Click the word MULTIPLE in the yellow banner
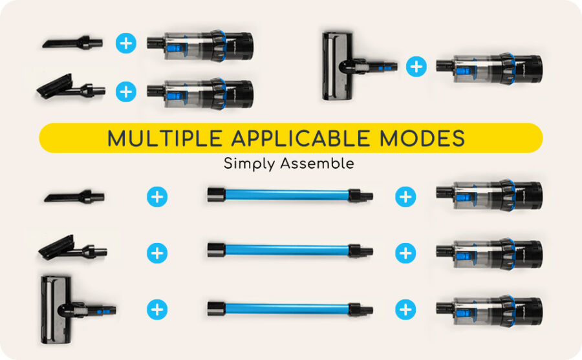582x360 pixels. point(165,138)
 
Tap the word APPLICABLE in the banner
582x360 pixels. point(301,138)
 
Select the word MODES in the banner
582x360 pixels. point(422,138)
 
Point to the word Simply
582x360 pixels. point(249,164)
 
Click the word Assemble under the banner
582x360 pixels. point(318,164)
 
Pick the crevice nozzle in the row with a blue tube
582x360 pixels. point(74,196)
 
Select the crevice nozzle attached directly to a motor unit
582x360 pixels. point(72,42)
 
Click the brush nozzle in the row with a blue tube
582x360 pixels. point(72,248)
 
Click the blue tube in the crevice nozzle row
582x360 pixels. point(290,195)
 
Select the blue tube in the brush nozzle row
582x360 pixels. point(290,250)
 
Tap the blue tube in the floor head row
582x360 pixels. point(290,309)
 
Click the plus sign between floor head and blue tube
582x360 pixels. point(157,310)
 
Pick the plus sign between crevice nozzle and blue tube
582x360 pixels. point(157,196)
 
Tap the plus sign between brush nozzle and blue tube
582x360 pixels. point(157,253)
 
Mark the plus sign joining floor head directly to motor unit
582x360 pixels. point(416,67)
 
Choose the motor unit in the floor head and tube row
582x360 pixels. point(490,311)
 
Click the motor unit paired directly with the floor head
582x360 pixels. point(490,69)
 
